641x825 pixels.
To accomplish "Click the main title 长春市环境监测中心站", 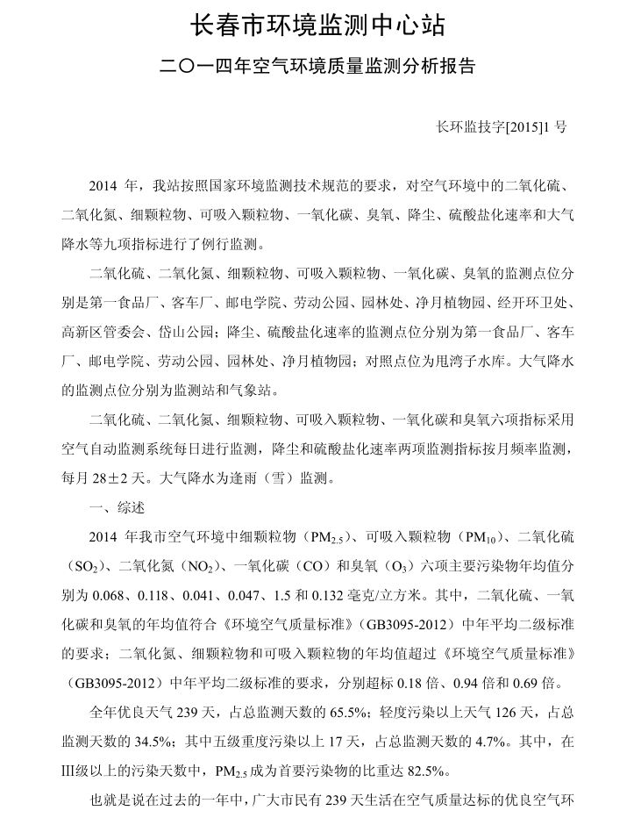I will [x=319, y=26].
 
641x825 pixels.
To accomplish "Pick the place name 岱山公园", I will [x=192, y=331].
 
